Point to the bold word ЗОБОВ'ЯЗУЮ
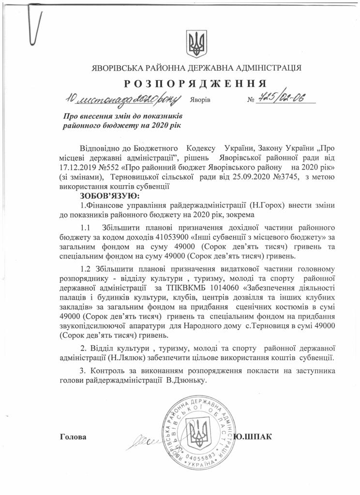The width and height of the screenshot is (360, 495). pos(109,196)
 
